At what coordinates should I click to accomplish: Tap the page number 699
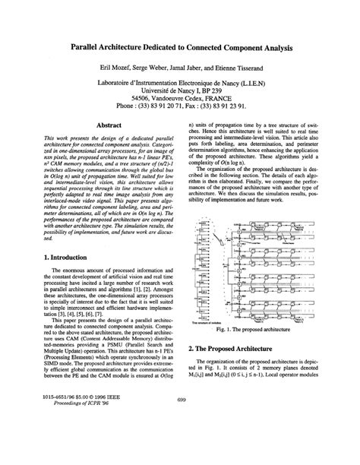(181, 442)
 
